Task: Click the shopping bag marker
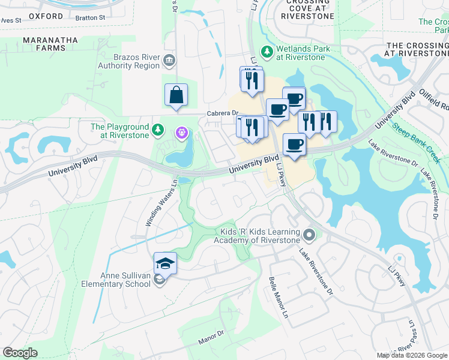176,95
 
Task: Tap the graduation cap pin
166,263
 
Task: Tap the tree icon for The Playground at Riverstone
157,129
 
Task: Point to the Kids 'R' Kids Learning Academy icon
309,234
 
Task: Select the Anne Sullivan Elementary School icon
159,280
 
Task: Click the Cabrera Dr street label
223,113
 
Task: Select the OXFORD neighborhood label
46,16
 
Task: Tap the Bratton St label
90,18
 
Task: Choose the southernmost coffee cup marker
294,145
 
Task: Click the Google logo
20,353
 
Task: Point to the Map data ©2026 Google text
412,355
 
